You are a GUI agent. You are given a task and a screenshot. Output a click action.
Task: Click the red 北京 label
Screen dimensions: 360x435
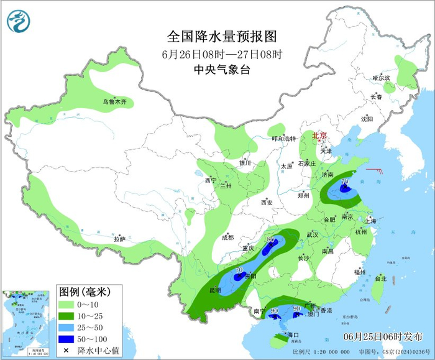click(319, 134)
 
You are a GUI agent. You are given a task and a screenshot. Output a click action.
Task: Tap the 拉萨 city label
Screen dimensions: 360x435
click(119, 239)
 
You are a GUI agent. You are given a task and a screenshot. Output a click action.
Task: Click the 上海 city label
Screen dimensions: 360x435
click(371, 220)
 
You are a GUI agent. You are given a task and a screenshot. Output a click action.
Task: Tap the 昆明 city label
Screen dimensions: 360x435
click(214, 290)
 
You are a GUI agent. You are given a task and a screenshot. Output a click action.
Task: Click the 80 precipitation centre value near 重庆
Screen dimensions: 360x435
click(270, 239)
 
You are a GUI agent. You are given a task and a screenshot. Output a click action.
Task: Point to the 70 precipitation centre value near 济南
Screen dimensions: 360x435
click(344, 182)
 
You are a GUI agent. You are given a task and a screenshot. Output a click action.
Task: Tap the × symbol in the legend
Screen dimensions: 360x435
click(67, 350)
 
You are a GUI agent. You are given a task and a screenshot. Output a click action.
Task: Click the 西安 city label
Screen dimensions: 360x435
click(267, 202)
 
